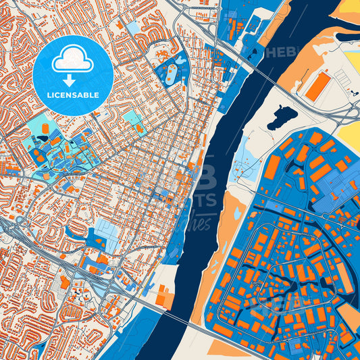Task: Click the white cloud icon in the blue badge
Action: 72,59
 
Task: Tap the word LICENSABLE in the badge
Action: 72,94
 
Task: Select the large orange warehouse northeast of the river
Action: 317,87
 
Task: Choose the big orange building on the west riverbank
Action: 164,296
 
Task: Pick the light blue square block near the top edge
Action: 133,28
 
